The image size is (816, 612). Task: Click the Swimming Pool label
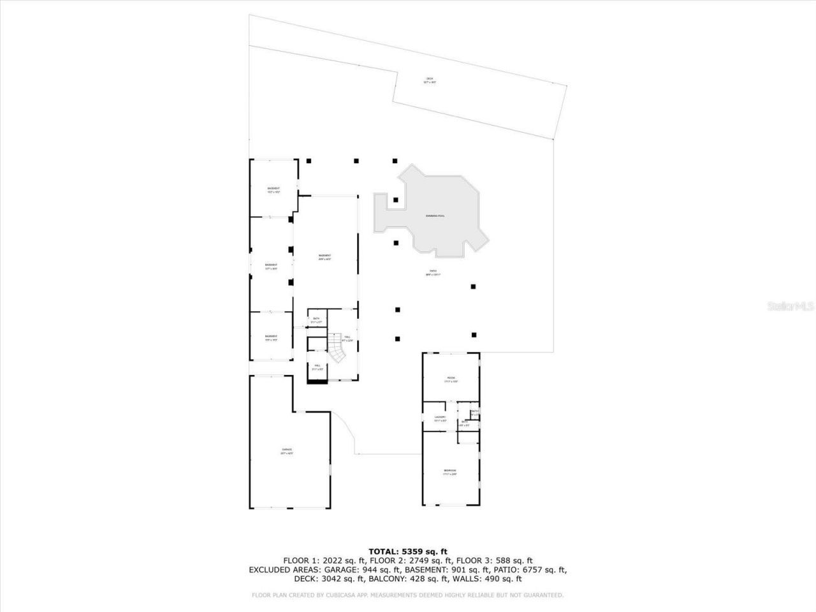click(435, 216)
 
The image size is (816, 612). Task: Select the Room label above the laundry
click(451, 379)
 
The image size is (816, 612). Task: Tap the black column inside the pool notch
click(396, 200)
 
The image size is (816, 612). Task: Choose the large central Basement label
click(325, 257)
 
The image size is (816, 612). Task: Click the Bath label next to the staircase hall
click(316, 320)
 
